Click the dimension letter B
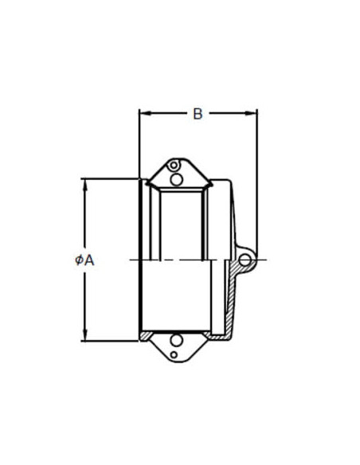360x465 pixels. (x=198, y=114)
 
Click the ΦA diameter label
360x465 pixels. (x=84, y=260)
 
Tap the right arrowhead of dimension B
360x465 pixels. (x=251, y=113)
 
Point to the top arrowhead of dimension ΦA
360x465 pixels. (x=86, y=186)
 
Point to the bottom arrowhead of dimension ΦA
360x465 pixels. (x=86, y=334)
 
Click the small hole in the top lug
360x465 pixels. (x=174, y=165)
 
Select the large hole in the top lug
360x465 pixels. (x=177, y=180)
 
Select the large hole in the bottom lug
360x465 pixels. (x=177, y=341)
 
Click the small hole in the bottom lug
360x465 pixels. (x=174, y=354)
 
